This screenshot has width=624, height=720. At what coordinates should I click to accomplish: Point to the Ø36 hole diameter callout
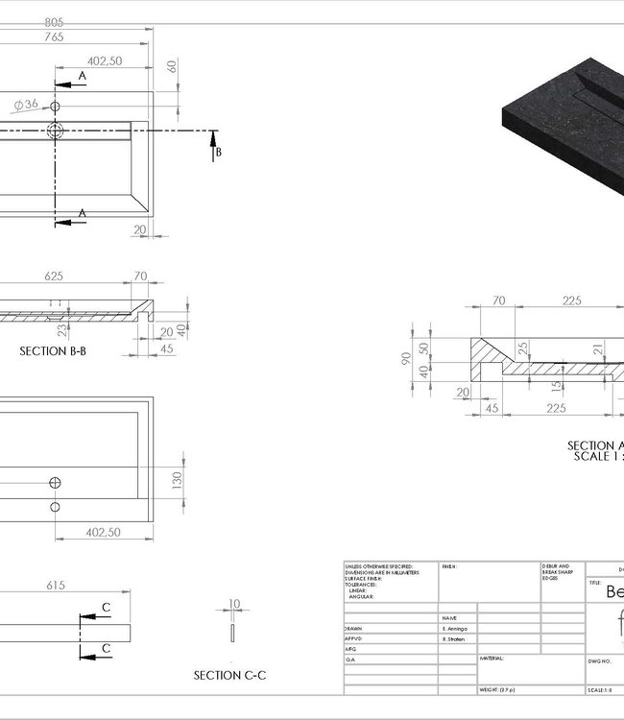tap(26, 104)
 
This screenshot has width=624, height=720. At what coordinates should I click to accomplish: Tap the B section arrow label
tap(219, 152)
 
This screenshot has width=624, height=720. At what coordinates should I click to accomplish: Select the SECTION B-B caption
tap(53, 351)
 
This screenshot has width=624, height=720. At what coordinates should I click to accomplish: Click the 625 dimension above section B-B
tap(54, 276)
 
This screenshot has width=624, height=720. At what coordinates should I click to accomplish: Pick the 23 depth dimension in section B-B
tap(61, 329)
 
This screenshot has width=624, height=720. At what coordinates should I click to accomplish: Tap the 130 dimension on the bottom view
tap(176, 480)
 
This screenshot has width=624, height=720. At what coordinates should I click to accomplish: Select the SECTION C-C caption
tap(230, 676)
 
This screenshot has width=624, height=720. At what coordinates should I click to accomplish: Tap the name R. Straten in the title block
tap(455, 638)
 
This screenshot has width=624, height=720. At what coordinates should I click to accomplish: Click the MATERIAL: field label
tap(493, 659)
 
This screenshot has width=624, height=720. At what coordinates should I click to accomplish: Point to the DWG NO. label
tap(600, 661)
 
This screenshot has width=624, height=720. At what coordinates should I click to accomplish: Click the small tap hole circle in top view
tap(55, 107)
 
